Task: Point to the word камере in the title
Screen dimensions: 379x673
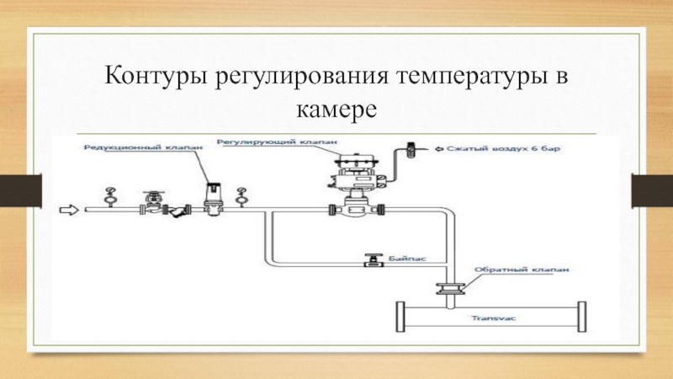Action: pyautogui.click(x=336, y=109)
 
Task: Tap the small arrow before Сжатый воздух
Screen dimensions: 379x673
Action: pyautogui.click(x=440, y=149)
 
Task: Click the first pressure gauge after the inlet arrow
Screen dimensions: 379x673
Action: pyautogui.click(x=108, y=196)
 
